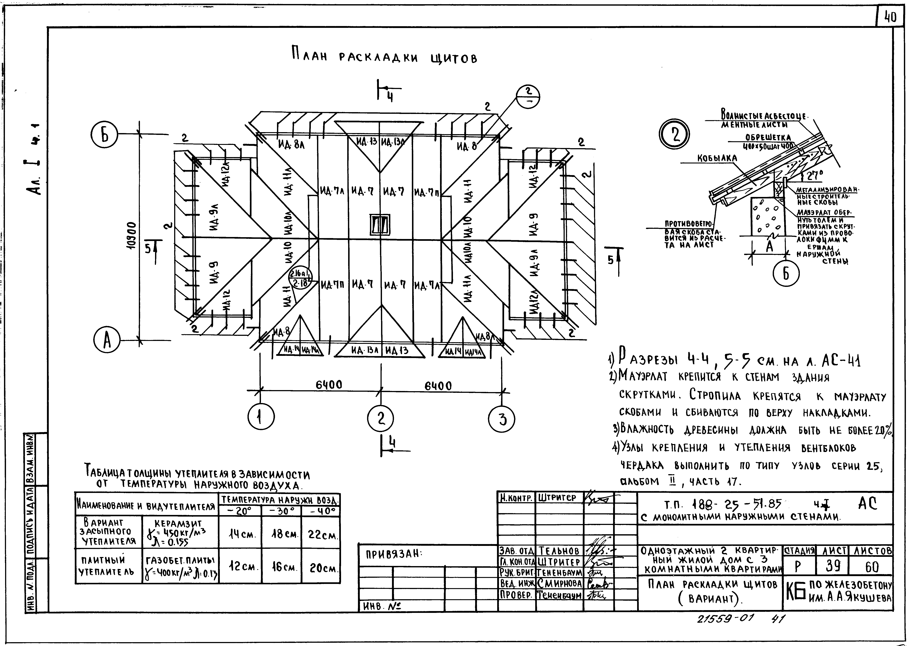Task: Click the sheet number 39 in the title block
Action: coord(831,566)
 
